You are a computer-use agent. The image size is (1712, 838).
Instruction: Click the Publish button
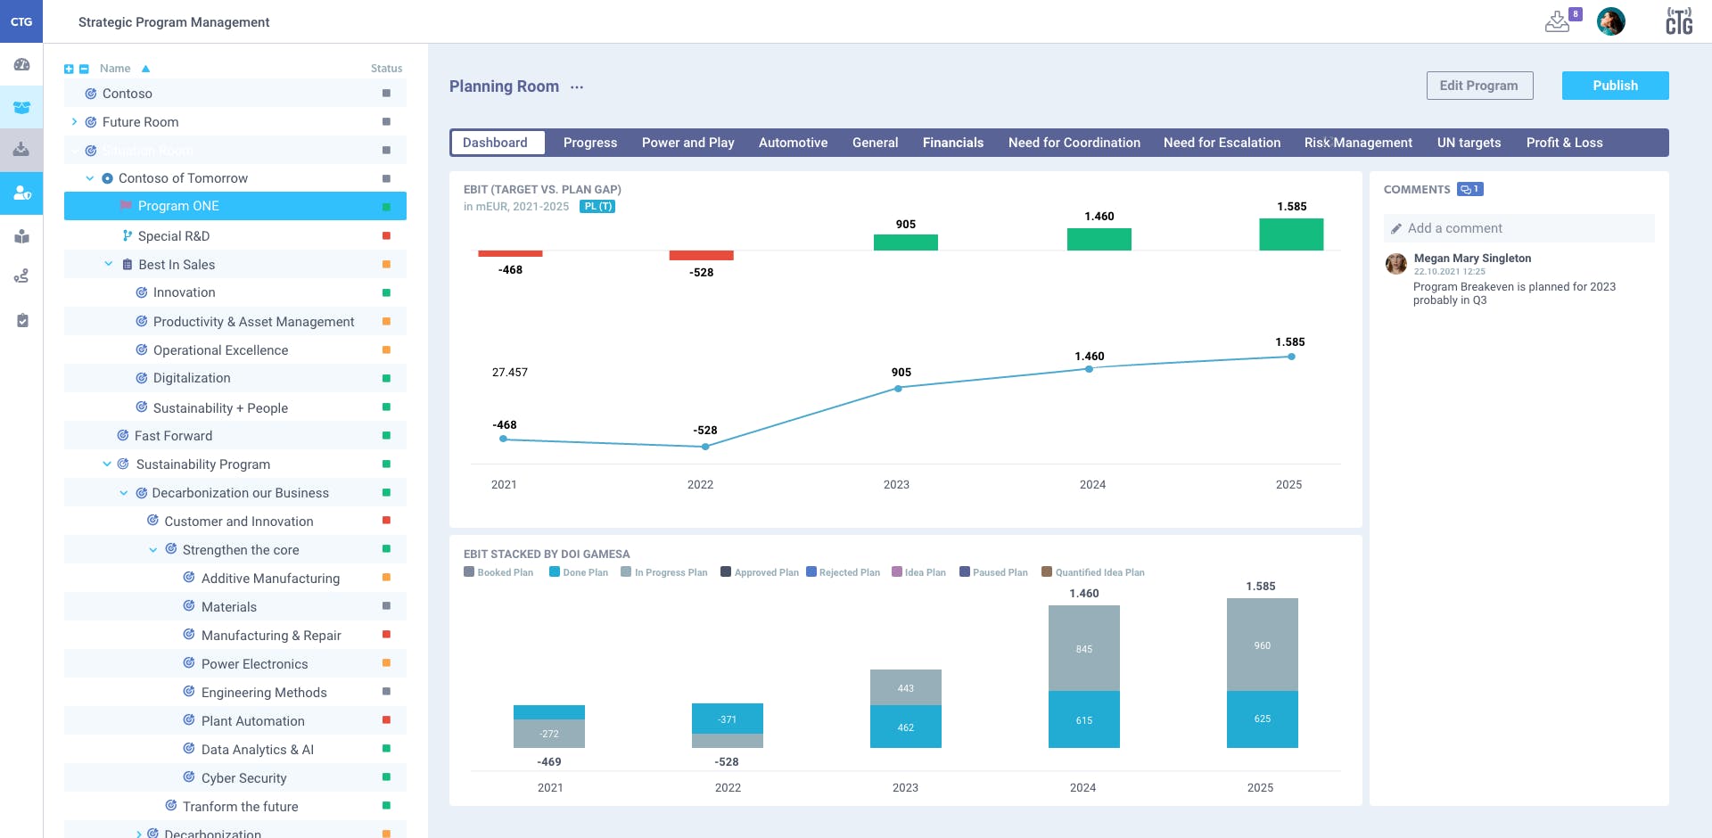point(1615,86)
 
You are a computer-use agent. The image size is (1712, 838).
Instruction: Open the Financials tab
point(952,143)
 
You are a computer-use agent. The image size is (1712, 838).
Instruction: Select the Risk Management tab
point(1357,143)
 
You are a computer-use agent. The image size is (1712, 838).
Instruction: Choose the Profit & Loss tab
point(1564,143)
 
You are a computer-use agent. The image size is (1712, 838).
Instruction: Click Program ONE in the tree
point(178,206)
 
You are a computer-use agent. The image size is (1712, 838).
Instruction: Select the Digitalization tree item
point(192,378)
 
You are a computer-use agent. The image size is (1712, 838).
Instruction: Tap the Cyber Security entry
point(243,778)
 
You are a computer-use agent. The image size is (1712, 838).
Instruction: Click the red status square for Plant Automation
point(386,720)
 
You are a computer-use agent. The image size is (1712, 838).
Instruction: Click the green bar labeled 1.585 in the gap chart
point(1290,234)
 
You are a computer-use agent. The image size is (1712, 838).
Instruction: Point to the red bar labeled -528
point(701,256)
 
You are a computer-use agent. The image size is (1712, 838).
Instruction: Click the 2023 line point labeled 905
point(898,389)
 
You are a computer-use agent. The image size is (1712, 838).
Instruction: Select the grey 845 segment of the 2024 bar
point(1083,648)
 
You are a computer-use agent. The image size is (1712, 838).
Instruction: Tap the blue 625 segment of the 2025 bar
point(1262,719)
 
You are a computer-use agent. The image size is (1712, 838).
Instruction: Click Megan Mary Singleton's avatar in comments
point(1395,263)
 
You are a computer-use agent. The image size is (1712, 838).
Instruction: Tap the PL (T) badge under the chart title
point(597,207)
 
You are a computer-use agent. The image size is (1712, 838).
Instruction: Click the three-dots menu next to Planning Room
point(577,87)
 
